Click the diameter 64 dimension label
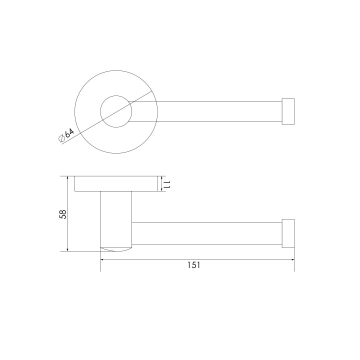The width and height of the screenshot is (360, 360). tap(66, 135)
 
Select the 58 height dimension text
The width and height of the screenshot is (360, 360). tap(63, 214)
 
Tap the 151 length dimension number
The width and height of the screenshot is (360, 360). tap(194, 265)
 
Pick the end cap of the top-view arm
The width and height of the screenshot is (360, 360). tap(288, 111)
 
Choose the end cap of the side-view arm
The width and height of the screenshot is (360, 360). tap(288, 233)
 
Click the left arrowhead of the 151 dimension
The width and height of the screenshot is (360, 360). tap(102, 259)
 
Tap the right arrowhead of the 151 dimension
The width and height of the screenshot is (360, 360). tap(292, 259)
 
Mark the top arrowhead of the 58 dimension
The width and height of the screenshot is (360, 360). tap(67, 178)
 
